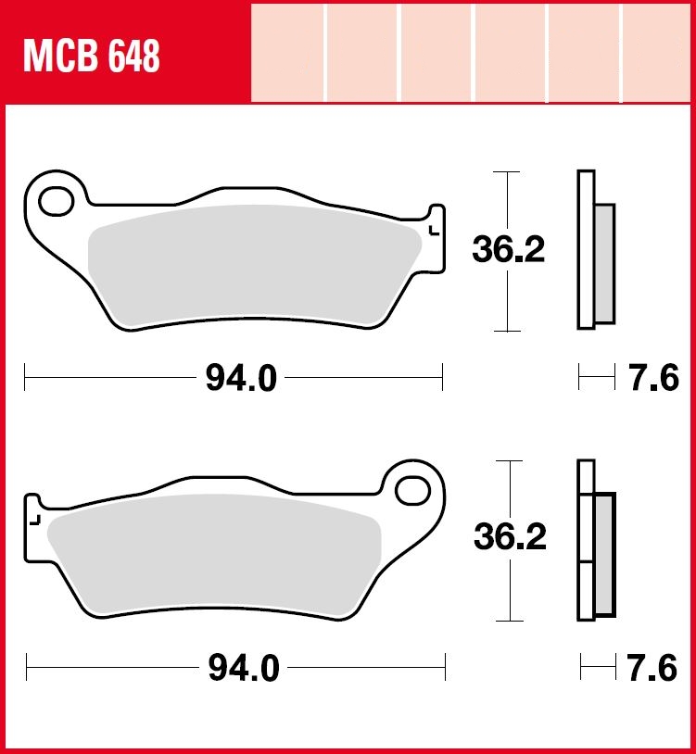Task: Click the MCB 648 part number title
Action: click(92, 57)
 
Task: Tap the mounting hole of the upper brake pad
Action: click(57, 202)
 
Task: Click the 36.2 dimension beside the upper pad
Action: click(509, 249)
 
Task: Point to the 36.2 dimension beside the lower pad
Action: click(510, 536)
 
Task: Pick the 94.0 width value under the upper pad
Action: click(241, 378)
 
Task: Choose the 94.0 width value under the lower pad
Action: click(244, 668)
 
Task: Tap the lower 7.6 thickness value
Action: click(652, 668)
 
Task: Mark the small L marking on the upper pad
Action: click(434, 231)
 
